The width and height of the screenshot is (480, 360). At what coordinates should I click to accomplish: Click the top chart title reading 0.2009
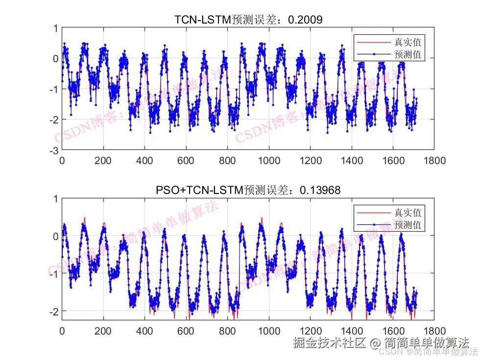248,20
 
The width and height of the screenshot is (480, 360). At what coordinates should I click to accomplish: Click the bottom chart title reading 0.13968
248,190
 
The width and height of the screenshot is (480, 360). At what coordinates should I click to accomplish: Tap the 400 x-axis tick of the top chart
144,160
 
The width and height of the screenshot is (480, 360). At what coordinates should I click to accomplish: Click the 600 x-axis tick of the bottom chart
186,331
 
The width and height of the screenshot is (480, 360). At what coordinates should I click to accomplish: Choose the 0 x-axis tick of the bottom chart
62,331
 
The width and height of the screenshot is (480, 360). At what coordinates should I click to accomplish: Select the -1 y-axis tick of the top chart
53,89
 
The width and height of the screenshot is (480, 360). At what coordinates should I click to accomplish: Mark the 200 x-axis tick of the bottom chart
103,331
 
